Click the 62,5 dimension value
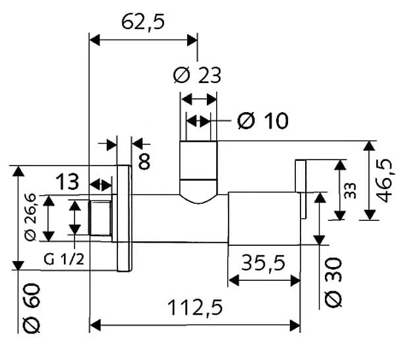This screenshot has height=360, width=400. [143, 22]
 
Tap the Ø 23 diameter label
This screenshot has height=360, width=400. [197, 75]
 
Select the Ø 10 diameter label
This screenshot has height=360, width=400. [263, 120]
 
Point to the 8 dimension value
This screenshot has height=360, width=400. [144, 162]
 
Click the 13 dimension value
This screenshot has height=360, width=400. [67, 181]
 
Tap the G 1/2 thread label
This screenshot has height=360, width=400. [64, 260]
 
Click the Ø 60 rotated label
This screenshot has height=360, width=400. [32, 308]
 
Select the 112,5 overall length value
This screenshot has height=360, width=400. [196, 308]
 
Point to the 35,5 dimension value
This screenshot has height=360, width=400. [263, 263]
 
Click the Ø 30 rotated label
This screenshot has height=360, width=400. [333, 282]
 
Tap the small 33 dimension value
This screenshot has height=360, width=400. [350, 191]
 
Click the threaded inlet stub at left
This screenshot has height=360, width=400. [100, 218]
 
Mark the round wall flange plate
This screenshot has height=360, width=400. [125, 218]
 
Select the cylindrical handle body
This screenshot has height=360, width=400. [264, 218]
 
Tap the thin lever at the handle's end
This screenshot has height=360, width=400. [300, 189]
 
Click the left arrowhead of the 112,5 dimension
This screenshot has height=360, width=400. [95, 326]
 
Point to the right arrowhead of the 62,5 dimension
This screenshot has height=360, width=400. [192, 40]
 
